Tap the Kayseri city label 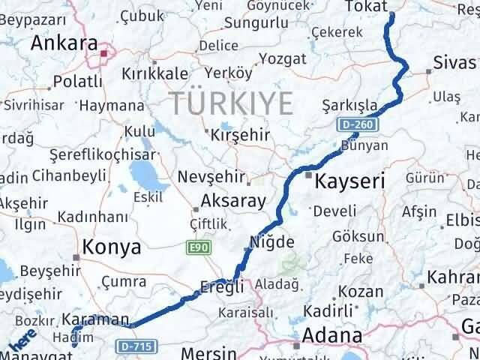(350, 181)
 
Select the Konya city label (112, 247)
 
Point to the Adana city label (334, 334)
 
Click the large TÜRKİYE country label (230, 103)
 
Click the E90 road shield (199, 245)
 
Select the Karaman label (97, 319)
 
